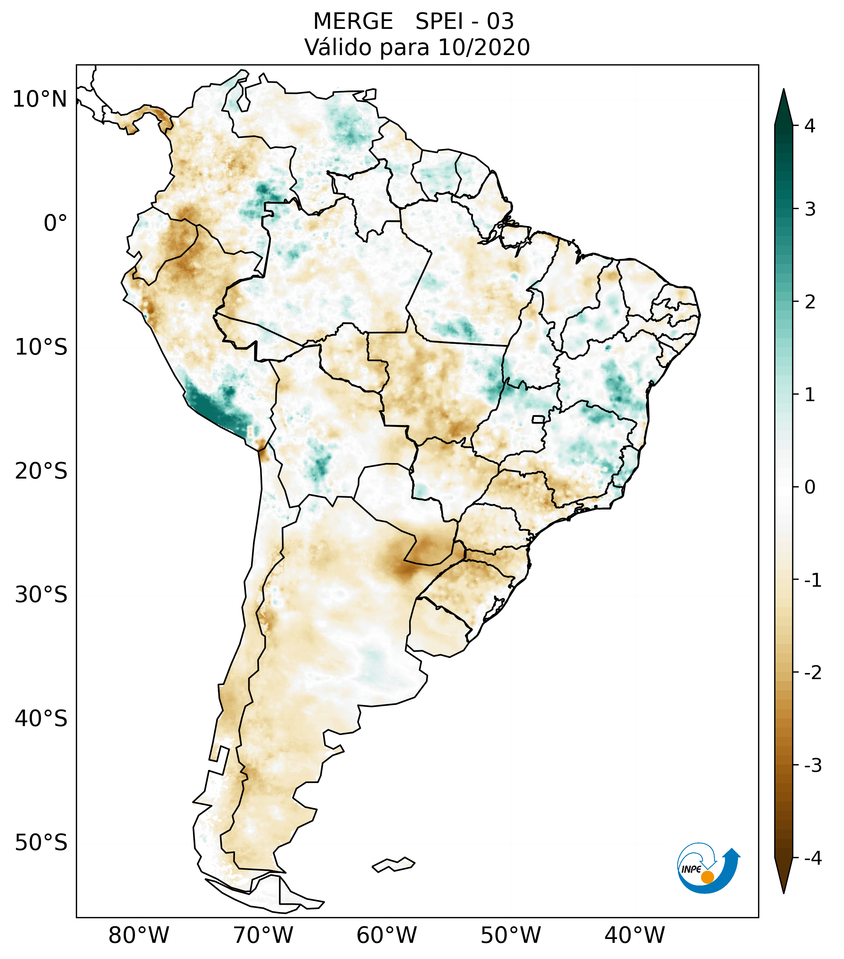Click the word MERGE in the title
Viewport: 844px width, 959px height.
coord(353,22)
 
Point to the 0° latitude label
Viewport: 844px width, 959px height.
coord(55,223)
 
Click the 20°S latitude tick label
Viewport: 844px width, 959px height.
coord(41,471)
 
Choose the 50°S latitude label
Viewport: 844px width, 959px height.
coord(41,843)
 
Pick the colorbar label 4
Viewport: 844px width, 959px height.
coord(810,126)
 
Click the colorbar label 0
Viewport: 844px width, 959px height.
coord(810,487)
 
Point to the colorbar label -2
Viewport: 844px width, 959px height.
coord(812,673)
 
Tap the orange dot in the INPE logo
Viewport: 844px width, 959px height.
coord(707,877)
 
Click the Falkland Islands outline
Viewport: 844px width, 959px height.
coord(393,865)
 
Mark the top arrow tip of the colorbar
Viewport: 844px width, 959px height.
coord(784,90)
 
